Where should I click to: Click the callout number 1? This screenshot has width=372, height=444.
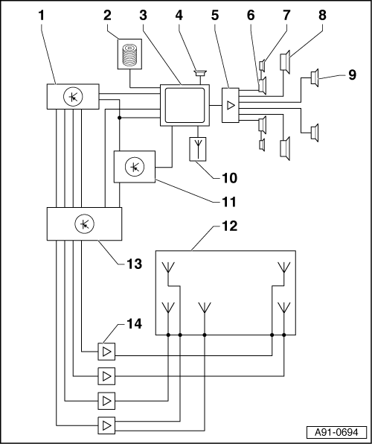42,16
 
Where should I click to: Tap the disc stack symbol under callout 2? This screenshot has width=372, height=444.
130,54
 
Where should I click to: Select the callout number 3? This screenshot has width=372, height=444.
143,16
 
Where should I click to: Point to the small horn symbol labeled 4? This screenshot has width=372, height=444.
200,73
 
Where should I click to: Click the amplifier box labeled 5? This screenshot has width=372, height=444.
231,105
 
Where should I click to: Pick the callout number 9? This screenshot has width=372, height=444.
352,75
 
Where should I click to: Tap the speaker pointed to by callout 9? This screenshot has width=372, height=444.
315,77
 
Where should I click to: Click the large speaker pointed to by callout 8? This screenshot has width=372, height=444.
285,62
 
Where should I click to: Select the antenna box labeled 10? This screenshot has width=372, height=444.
198,149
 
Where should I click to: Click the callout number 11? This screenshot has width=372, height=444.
229,202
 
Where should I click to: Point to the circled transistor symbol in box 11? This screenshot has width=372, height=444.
135,167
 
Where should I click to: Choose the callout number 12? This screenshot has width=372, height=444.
229,226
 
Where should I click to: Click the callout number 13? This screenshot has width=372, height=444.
134,264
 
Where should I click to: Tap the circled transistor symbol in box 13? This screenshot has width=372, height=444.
84,224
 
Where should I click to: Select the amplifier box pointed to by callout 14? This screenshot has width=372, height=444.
106,352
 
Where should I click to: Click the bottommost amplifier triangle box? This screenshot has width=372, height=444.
106,425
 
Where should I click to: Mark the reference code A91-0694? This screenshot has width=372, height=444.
336,432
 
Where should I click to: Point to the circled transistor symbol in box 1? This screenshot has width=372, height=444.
73,97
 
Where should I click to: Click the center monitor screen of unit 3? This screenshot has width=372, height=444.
185,105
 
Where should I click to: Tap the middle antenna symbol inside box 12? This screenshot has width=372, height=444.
205,308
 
